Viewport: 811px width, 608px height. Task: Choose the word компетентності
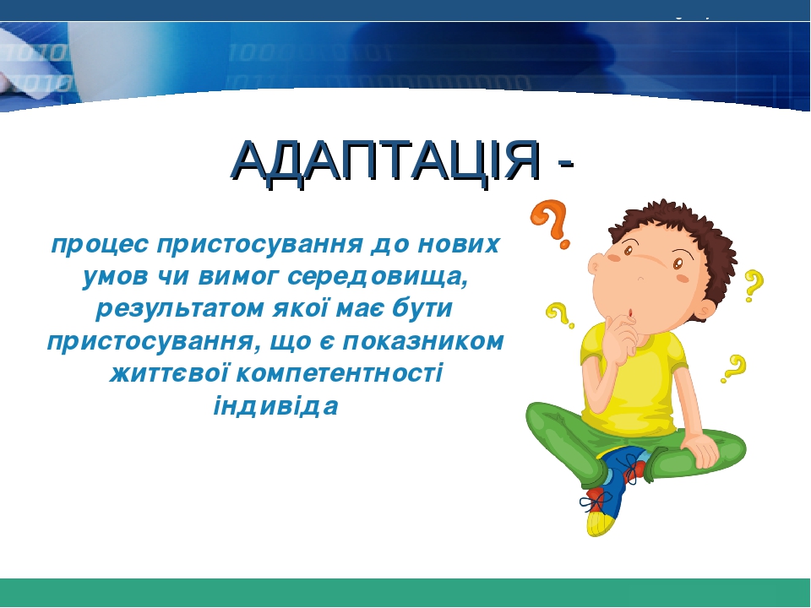340,374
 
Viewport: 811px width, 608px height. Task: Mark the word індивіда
276,406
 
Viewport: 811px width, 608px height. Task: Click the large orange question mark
550,223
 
